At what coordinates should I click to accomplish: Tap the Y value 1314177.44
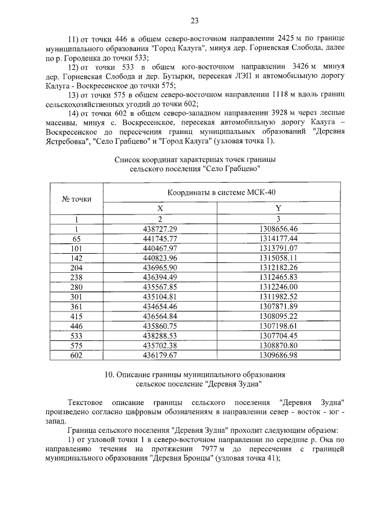click(279, 238)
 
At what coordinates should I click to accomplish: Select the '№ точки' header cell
click(76, 199)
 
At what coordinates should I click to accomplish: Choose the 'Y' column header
click(279, 208)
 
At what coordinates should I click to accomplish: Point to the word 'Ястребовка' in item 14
click(64, 141)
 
